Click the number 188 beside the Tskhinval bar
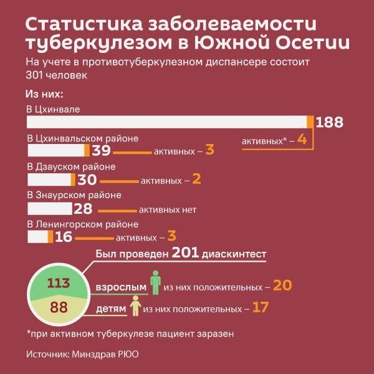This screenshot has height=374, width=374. pyautogui.click(x=330, y=122)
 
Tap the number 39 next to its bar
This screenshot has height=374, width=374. pyautogui.click(x=101, y=151)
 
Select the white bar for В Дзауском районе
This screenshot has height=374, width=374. pyautogui.click(x=51, y=180)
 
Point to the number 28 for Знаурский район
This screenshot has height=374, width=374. pyautogui.click(x=82, y=209)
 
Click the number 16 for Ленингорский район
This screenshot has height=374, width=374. pyautogui.click(x=64, y=237)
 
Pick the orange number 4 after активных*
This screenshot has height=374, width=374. pyautogui.click(x=302, y=140)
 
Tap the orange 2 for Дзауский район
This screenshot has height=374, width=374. pyautogui.click(x=196, y=180)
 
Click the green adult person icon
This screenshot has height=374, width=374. pyautogui.click(x=156, y=282)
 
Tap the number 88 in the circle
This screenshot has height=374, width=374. pyautogui.click(x=59, y=307)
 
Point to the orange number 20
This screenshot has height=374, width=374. pyautogui.click(x=282, y=285)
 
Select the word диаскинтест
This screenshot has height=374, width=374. pyautogui.click(x=234, y=254)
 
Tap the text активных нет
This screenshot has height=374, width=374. pyautogui.click(x=168, y=209)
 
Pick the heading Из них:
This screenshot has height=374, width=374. pyautogui.click(x=46, y=94)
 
